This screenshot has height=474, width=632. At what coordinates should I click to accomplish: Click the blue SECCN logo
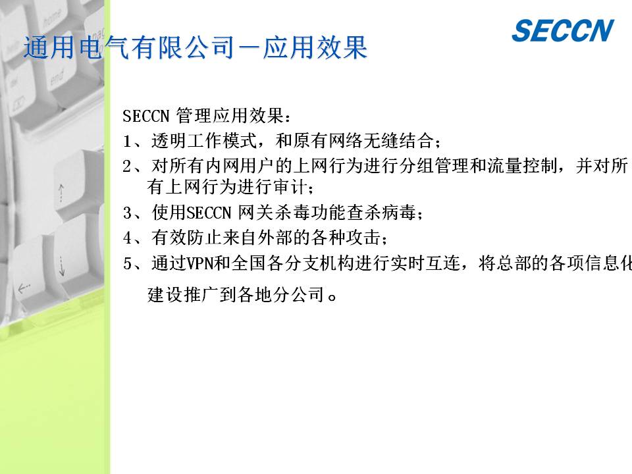pos(563,31)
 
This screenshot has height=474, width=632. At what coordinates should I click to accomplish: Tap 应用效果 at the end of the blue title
pos(315,47)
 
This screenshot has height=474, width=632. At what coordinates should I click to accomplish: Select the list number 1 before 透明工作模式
pos(127,141)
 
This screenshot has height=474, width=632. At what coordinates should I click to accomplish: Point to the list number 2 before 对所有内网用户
pos(127,166)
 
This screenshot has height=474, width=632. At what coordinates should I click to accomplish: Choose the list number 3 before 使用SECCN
pos(127,213)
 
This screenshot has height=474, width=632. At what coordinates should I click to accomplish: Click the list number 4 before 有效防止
pos(127,238)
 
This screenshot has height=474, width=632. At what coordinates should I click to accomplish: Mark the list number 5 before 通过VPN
pos(127,263)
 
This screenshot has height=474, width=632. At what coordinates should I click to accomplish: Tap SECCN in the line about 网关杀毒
pos(209,213)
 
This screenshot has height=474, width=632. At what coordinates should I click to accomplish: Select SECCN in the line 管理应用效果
pos(146,116)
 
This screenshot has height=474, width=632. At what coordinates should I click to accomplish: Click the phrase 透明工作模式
pos(204,141)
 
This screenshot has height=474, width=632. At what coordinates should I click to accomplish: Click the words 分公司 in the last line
pos(300,295)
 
